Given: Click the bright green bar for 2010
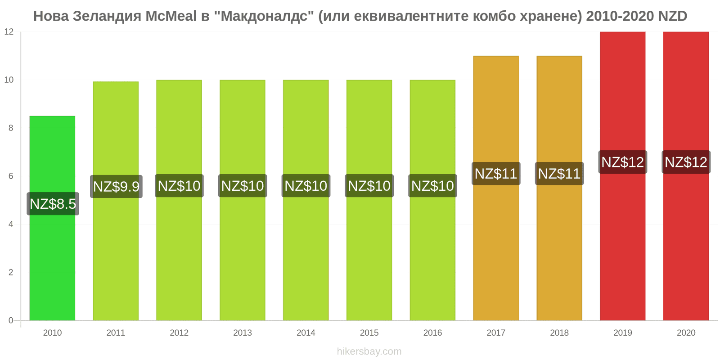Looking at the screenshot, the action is point(52,218).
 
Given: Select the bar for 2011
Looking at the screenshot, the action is point(116,201).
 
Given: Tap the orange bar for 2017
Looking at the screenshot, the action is point(496,188).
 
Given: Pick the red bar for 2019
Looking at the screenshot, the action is point(623,176).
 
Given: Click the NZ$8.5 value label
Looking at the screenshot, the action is point(53,204).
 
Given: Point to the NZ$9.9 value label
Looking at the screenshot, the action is point(117,186).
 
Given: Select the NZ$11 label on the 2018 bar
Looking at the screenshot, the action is point(559,174).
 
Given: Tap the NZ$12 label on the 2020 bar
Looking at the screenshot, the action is point(686,162).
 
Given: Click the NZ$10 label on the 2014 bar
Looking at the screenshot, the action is point(306,186).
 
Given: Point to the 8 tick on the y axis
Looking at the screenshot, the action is point(11,128).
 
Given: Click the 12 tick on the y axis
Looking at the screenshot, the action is point(9,31).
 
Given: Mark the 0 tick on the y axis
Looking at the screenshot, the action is point(11,320).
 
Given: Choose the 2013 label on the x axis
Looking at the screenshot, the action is point(243,333).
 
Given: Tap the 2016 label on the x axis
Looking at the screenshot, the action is point(432,333).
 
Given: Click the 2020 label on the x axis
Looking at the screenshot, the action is point(686,333).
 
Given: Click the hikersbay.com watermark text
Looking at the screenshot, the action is point(369,351).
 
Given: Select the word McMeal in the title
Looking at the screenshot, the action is point(171,16).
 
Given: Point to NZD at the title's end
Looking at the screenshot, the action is point(672,16).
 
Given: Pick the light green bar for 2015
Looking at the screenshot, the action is point(369,200).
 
